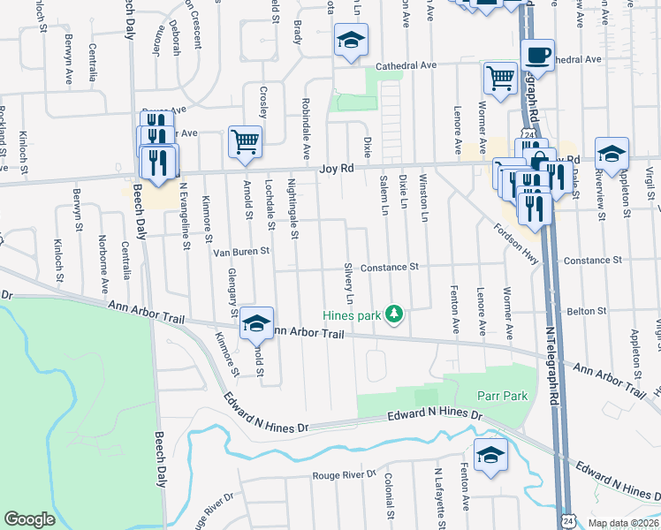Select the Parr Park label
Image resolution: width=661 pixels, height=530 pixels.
pos(503,396)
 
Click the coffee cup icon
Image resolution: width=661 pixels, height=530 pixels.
pos(537,55)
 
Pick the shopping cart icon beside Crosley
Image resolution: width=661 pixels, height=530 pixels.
pos(245,141)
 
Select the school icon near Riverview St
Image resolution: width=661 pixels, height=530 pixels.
pos(611,154)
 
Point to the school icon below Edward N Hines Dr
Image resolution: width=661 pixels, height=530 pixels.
pos(490,455)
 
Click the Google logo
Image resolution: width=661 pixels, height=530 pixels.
pos(29,519)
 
